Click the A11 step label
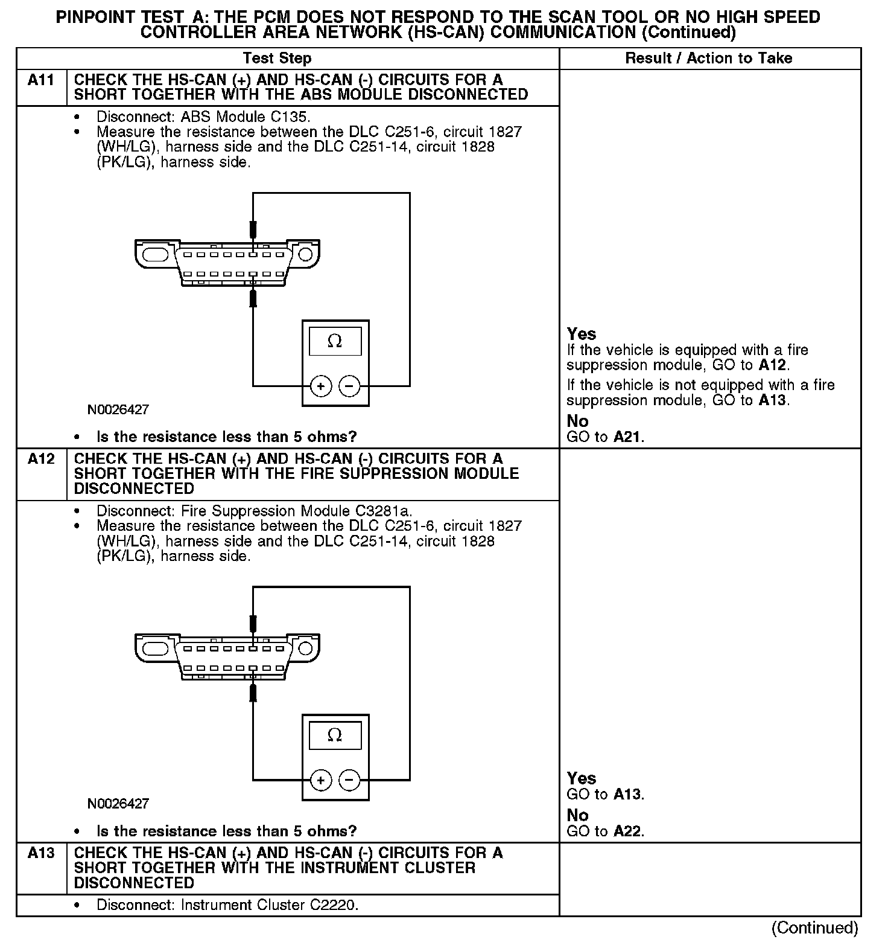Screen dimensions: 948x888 pyautogui.click(x=41, y=80)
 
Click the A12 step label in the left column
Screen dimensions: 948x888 pyautogui.click(x=41, y=460)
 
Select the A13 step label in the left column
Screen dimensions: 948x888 pyautogui.click(x=41, y=853)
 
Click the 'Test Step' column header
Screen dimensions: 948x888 pyautogui.click(x=277, y=59)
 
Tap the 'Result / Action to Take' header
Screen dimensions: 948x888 pyautogui.click(x=708, y=59)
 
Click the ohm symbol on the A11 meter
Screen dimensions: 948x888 pyautogui.click(x=335, y=342)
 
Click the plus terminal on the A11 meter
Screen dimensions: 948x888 pyautogui.click(x=321, y=386)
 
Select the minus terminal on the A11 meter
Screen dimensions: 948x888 pyautogui.click(x=349, y=386)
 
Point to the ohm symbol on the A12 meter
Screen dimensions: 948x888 pyautogui.click(x=335, y=735)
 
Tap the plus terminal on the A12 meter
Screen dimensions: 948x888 pyautogui.click(x=321, y=780)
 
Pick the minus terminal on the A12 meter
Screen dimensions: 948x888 pyautogui.click(x=349, y=780)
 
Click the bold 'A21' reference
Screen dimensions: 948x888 pyautogui.click(x=627, y=437)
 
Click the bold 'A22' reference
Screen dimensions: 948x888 pyautogui.click(x=627, y=831)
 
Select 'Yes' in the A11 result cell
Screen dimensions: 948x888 pyautogui.click(x=581, y=334)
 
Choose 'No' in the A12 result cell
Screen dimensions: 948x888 pyautogui.click(x=577, y=815)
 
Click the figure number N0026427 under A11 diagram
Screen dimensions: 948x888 pyautogui.click(x=118, y=409)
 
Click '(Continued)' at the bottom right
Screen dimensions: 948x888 pyautogui.click(x=814, y=928)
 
